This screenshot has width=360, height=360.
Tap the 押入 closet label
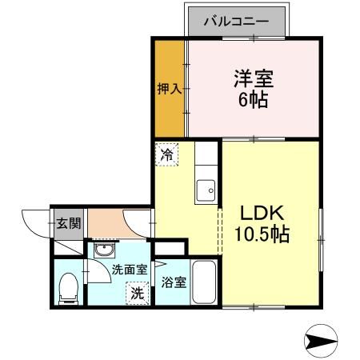click(x=168, y=87)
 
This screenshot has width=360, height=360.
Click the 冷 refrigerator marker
click(x=166, y=154)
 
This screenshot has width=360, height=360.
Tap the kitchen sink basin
click(x=206, y=190)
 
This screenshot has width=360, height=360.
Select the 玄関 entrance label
click(x=68, y=222)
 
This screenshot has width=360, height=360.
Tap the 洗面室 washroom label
click(x=129, y=270)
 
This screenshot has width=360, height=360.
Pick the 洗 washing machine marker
click(x=138, y=293)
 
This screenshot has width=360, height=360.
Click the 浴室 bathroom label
click(x=174, y=282)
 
